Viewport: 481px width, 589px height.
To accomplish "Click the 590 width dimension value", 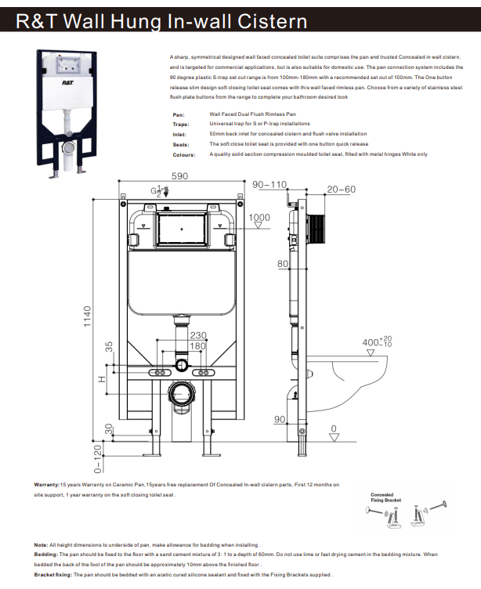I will coord(180,177).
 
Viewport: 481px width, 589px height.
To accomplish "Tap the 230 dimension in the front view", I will coord(197,336).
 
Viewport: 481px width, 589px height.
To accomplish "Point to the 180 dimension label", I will coord(197,347).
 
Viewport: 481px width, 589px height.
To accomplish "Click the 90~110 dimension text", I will coord(269,184).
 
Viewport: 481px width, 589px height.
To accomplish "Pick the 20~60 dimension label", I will coord(341,190).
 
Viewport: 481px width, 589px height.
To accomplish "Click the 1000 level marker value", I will coord(259,218).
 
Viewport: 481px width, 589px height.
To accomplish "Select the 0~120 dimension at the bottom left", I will coord(98,460).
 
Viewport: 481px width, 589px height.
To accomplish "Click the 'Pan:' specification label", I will coord(179,115).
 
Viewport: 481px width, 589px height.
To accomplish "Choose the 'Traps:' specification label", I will coord(180,124).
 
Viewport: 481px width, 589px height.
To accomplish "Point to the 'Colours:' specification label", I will coord(183,154).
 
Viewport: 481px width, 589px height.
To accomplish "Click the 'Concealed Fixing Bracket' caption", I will coord(386,497).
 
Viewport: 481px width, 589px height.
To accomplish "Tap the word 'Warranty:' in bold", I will coord(50,485).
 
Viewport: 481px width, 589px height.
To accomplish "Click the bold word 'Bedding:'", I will coord(48,555).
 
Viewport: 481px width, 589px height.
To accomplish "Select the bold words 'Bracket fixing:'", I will coord(54,575).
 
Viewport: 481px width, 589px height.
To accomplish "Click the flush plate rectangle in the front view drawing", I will coord(183,229).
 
